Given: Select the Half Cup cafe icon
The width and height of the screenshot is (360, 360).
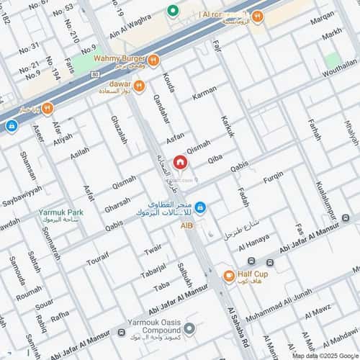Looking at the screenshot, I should click(228, 276).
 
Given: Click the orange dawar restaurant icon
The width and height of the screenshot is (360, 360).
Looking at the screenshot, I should click(139, 86).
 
